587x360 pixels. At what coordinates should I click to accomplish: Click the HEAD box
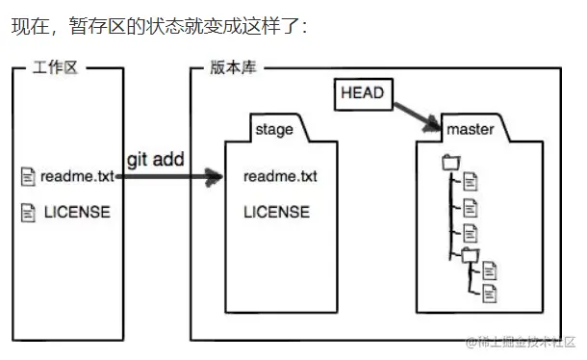[x=362, y=93]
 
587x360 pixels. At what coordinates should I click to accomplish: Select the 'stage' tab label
[x=275, y=129]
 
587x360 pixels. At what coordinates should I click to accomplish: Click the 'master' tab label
[x=471, y=129]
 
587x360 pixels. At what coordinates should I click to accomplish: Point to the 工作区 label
[x=54, y=68]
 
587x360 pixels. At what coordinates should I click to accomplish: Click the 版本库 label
[x=233, y=68]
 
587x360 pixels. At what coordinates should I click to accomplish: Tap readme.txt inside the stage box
[x=280, y=177]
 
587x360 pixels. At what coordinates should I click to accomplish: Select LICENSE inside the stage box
[x=276, y=211]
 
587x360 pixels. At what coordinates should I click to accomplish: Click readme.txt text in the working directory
[x=78, y=176]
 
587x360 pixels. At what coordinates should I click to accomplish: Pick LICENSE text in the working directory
[x=77, y=211]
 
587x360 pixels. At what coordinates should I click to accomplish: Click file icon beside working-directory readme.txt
[x=27, y=176]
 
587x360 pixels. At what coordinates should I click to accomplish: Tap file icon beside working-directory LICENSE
[x=27, y=211]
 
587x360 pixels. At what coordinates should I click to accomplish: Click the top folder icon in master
[x=450, y=163]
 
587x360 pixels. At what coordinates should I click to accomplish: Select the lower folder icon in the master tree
[x=468, y=254]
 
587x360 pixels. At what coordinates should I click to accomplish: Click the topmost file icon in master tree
[x=471, y=180]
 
